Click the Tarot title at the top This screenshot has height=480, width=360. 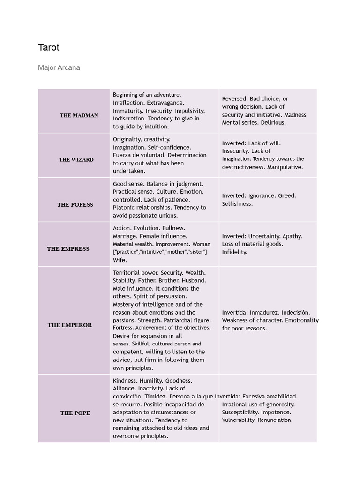pos(49,47)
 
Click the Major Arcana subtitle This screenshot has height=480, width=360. pos(59,67)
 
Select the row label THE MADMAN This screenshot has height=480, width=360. pos(79,115)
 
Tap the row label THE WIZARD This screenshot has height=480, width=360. pos(76,160)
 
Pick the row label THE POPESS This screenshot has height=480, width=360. pos(75,205)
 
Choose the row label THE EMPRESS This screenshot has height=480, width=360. pos(68,249)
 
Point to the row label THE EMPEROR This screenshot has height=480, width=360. pos(70,325)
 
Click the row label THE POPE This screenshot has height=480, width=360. pos(75,413)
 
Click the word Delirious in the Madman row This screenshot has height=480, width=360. pos(273,122)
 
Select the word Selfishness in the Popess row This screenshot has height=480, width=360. pos(237,203)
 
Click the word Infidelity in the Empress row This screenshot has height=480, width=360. pos(234,252)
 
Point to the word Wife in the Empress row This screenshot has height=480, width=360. pos(120,260)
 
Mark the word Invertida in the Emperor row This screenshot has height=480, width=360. pos(234,312)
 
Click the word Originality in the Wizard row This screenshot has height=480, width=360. pos(127,139)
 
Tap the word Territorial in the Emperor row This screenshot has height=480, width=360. pos(127,272)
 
